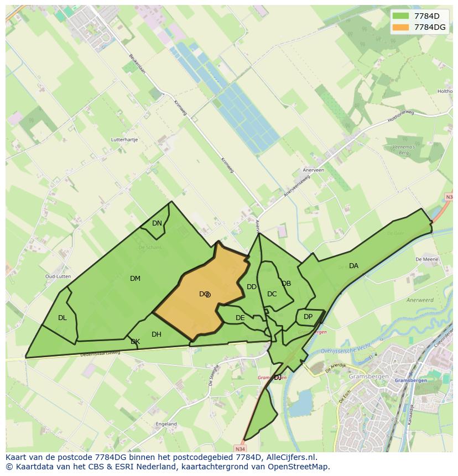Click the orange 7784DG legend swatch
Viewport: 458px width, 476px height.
[402, 27]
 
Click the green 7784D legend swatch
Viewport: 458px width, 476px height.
[402, 15]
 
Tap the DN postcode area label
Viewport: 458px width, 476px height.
[157, 223]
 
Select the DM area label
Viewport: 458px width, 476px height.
[135, 279]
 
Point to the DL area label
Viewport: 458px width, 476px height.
[62, 318]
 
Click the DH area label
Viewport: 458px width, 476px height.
[157, 334]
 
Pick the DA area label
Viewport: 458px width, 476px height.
[353, 266]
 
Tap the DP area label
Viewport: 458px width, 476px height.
[308, 317]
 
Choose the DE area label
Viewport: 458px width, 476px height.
[240, 318]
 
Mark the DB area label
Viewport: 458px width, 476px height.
[286, 284]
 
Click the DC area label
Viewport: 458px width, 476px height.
[272, 294]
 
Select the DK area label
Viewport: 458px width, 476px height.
[135, 342]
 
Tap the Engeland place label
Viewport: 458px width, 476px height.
[166, 424]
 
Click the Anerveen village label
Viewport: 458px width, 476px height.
[313, 170]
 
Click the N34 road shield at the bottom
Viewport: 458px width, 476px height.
[239, 448]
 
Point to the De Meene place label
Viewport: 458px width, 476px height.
[426, 259]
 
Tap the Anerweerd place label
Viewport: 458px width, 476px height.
[419, 300]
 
